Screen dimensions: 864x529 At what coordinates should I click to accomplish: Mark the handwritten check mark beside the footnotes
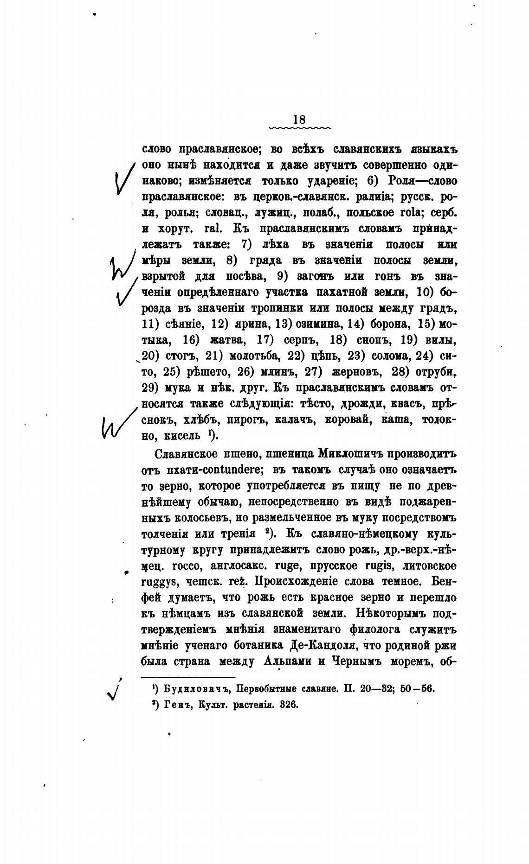[113, 690]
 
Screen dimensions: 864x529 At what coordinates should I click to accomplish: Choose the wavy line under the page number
[300, 127]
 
